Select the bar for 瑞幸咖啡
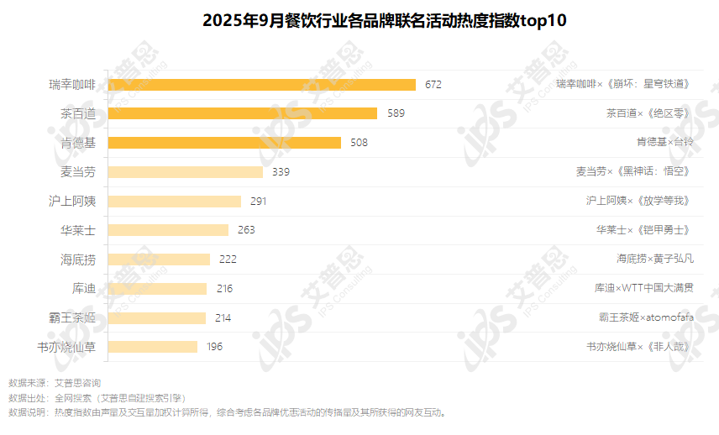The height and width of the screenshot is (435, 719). pos(262,84)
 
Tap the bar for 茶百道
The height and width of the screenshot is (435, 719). pos(243,113)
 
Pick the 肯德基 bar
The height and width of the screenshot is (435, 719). pos(224,143)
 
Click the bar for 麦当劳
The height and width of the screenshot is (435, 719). pos(186,172)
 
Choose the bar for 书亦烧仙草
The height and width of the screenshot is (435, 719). pos(153,346)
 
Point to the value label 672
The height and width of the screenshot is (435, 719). pos(433,84)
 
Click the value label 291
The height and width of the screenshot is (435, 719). pos(258,202)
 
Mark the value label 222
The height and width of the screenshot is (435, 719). pos(228,259)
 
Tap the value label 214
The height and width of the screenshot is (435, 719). pos(223,317)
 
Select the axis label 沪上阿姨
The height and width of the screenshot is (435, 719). pos(72,202)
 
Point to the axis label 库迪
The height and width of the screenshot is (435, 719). pos(84,288)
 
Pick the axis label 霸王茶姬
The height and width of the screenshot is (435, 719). pos(72,317)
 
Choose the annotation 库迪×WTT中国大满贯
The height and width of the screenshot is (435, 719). pos(644,288)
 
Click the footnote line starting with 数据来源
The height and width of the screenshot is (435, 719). pos(55,383)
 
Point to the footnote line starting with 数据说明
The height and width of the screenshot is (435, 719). pos(227,412)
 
